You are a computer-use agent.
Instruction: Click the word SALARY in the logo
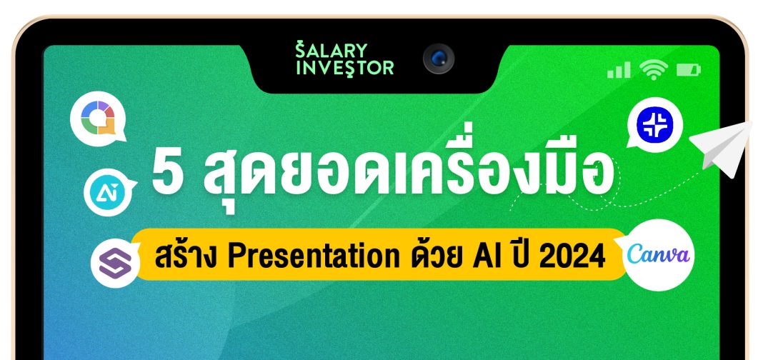[331, 50]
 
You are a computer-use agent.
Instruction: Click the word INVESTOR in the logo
[344, 68]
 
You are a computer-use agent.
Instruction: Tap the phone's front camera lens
[439, 59]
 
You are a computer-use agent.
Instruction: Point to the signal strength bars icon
[619, 70]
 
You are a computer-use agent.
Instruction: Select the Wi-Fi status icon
[654, 69]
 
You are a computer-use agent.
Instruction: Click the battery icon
[689, 70]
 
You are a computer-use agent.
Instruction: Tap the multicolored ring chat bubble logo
[98, 119]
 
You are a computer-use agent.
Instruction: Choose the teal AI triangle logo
[109, 192]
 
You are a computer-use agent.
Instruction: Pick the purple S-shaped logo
[116, 264]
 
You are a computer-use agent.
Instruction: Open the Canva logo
[658, 255]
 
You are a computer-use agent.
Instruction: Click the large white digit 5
[168, 172]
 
